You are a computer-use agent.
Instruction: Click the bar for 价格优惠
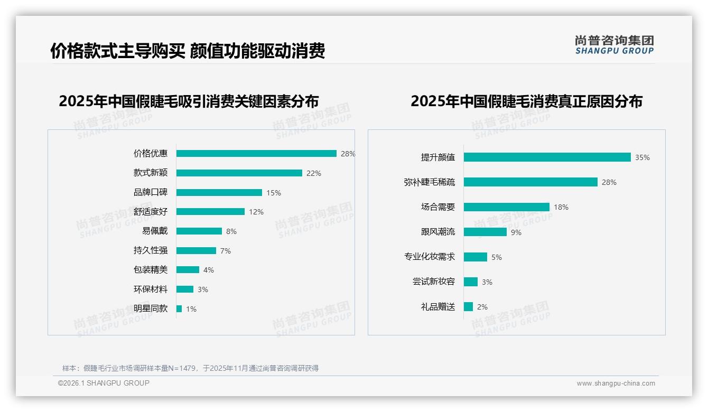click(256, 154)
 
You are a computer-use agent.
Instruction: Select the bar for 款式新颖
click(239, 173)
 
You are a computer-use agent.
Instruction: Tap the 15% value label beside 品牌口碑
click(274, 193)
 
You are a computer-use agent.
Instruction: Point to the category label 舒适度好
click(151, 212)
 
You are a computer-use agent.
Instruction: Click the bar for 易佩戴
click(199, 231)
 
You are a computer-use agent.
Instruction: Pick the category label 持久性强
click(151, 250)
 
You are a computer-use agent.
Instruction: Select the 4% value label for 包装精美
click(209, 270)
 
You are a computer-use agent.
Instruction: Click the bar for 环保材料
click(185, 289)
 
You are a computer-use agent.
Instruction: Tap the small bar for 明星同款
click(179, 308)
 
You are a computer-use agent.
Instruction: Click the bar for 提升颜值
click(547, 157)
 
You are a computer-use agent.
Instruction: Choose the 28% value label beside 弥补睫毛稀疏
click(609, 182)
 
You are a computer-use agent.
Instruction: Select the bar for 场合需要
click(506, 207)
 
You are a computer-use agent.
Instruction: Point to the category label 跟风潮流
click(438, 232)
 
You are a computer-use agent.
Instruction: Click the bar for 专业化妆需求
click(476, 257)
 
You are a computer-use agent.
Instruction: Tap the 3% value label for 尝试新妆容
click(487, 282)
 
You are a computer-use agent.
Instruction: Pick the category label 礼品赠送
click(438, 307)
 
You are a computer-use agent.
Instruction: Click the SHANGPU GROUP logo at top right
click(614, 45)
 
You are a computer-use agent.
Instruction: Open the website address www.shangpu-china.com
click(616, 383)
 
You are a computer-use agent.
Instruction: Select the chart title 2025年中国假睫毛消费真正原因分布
click(526, 101)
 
